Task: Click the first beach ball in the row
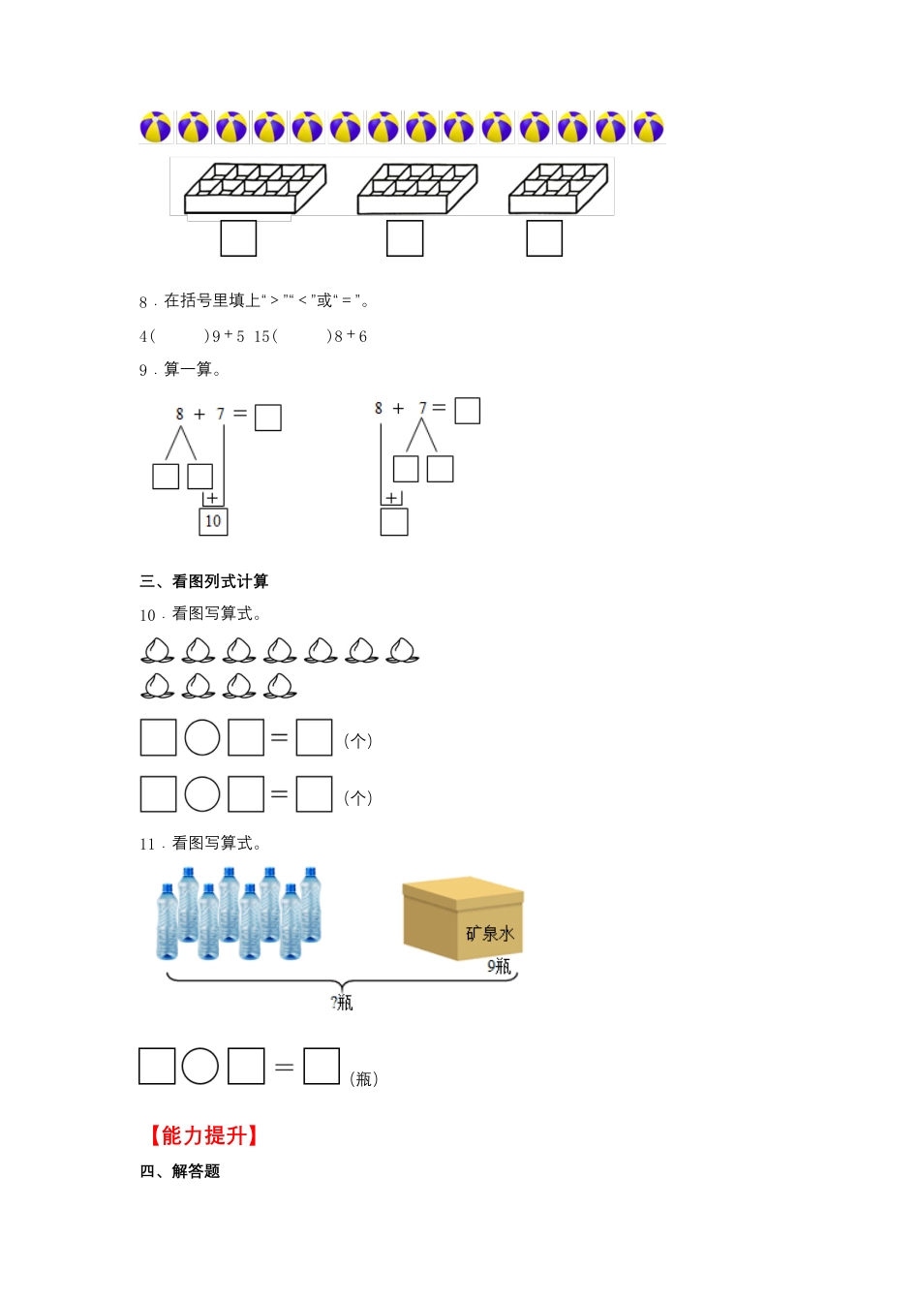tap(156, 127)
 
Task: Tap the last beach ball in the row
tap(649, 127)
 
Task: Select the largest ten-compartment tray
tap(255, 188)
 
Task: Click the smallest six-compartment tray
tap(558, 188)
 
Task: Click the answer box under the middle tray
tap(405, 237)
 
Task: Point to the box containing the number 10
tap(213, 521)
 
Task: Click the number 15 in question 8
tap(262, 336)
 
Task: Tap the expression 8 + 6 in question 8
tap(351, 336)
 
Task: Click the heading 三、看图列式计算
tap(204, 581)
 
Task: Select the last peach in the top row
tap(402, 650)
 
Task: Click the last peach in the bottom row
tap(280, 686)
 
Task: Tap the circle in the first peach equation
tap(202, 737)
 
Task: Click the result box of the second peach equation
tap(314, 794)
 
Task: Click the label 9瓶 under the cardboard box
tap(500, 967)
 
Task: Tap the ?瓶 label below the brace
tap(342, 1003)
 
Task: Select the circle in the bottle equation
tap(199, 1066)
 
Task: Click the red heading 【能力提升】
tap(204, 1135)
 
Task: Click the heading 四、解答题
tap(179, 1171)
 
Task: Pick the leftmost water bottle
tap(167, 922)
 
